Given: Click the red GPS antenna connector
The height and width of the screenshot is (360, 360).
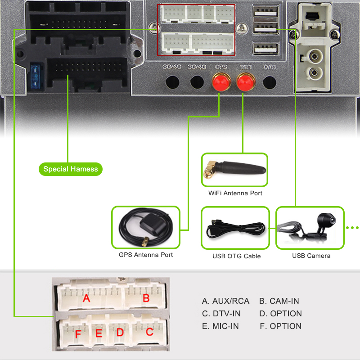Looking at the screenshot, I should coord(221,83).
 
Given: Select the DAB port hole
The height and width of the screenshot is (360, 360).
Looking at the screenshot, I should coord(269,82).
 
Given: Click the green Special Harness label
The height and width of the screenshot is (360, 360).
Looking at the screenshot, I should coord(70,169).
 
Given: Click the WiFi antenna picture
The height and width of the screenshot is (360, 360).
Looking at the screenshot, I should coord(234,170).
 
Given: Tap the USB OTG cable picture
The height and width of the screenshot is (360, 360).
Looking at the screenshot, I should coord(235,228).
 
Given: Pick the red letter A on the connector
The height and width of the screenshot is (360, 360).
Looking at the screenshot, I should coord(86,298).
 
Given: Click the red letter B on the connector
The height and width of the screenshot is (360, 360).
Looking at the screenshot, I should coord(146,298).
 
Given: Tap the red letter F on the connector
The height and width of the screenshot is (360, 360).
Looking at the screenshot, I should coord(78,334).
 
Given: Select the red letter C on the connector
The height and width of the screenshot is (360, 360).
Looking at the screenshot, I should coord(149,333).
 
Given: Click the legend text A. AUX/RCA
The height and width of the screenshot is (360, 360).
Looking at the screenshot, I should coord(225,301).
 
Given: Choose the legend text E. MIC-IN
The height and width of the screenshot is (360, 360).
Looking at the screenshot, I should coord(220,326).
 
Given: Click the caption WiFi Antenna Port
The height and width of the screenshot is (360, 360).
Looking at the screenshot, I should coord(235,193).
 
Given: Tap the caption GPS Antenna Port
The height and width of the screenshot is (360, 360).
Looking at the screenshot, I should coord(145,255).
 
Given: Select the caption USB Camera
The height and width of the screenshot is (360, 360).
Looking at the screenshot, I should coord(311,256).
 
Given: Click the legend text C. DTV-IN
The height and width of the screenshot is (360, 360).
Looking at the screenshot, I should coord(221,314).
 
